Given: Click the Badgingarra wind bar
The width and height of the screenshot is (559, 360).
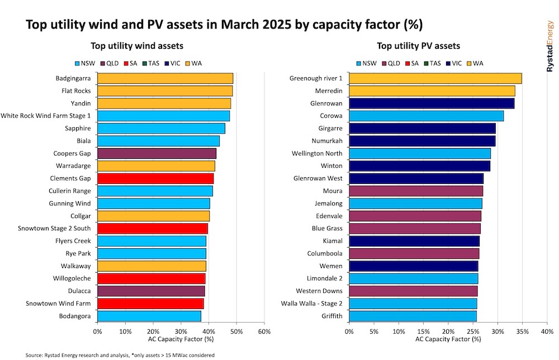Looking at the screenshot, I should click(165, 78).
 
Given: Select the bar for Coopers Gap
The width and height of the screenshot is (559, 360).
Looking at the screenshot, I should click(157, 153).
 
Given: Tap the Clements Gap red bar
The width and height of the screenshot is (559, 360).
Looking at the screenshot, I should click(155, 178).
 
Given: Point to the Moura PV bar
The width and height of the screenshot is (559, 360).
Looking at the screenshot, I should click(416, 191).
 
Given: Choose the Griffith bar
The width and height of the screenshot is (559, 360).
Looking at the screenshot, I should click(413, 316).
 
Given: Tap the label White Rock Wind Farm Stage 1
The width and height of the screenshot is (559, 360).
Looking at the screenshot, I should click(46, 116).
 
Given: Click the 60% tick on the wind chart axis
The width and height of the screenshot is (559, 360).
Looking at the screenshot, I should click(264, 331).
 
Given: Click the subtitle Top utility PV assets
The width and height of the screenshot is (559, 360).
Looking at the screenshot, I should click(418, 46).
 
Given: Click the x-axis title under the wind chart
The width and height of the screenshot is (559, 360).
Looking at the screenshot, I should click(181, 339).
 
